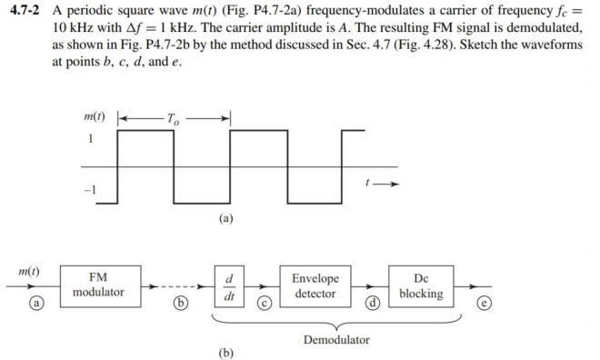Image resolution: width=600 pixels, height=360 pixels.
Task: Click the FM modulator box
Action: coord(100,285)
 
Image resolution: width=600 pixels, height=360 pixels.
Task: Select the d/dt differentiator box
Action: coord(228,285)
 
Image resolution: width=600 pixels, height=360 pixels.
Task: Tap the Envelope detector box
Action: coord(315,285)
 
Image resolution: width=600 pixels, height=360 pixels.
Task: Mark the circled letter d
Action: coord(371,301)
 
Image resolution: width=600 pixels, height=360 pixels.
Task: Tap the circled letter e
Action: coord(492,301)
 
